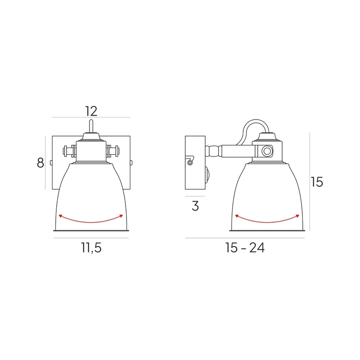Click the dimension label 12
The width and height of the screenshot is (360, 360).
[91, 111]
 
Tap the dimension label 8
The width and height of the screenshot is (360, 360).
[40, 163]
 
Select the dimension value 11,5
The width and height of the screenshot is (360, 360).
[91, 248]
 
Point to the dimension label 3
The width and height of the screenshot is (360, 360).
[195, 206]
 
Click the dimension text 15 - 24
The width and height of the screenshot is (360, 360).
[245, 248]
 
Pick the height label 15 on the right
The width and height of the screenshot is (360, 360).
[317, 182]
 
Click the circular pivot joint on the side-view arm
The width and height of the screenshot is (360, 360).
[267, 151]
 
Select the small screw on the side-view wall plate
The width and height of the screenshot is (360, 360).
[190, 163]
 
